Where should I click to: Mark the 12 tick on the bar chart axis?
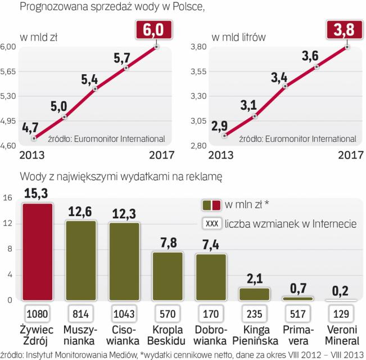click(8, 223)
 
